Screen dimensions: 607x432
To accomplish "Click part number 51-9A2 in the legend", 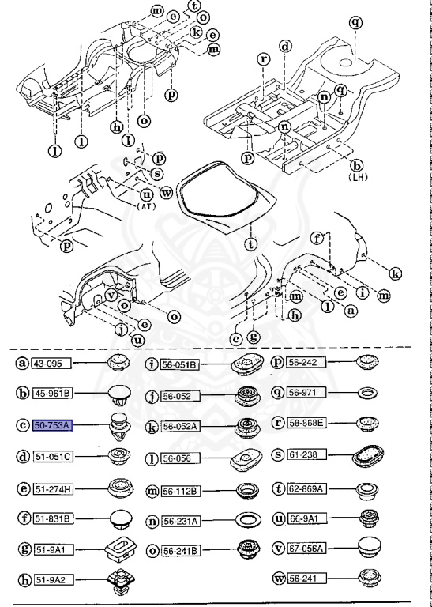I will click(48, 581).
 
